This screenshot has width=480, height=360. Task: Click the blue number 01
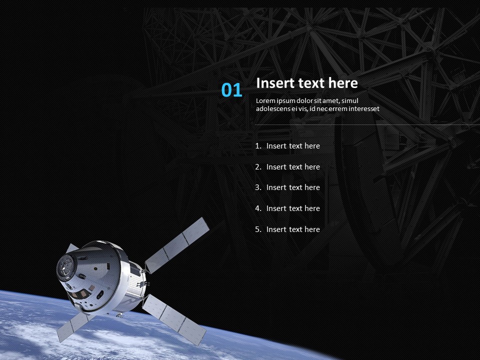pyautogui.click(x=231, y=90)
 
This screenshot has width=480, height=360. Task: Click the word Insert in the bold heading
pyautogui.click(x=275, y=83)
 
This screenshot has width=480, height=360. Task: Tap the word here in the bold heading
pyautogui.click(x=343, y=83)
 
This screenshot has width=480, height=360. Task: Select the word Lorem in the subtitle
pyautogui.click(x=265, y=101)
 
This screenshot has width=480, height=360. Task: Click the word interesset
pyautogui.click(x=364, y=108)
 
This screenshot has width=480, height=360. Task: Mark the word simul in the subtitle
pyautogui.click(x=350, y=101)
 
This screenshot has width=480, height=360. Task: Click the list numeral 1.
pyautogui.click(x=258, y=146)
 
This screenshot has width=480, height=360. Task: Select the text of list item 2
pyautogui.click(x=293, y=167)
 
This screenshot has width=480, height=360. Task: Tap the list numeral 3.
pyautogui.click(x=258, y=187)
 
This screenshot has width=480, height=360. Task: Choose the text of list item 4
pyautogui.click(x=293, y=208)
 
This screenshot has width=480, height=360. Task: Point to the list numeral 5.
pyautogui.click(x=258, y=229)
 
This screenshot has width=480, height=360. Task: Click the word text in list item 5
pyautogui.click(x=296, y=229)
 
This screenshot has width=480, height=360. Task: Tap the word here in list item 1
pyautogui.click(x=312, y=146)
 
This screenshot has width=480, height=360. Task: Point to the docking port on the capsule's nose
pyautogui.click(x=65, y=265)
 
